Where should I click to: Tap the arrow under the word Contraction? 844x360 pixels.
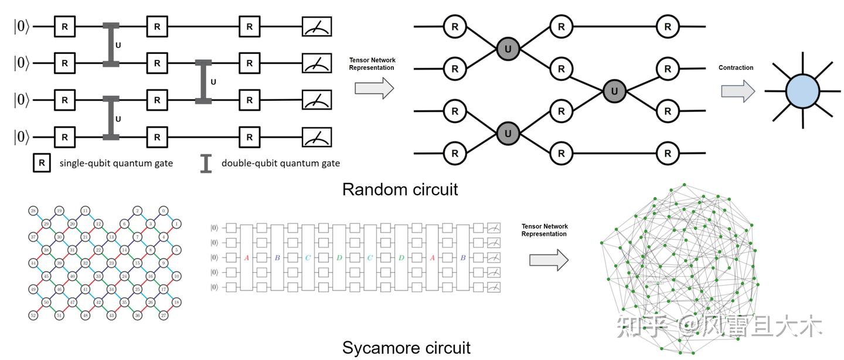(x=737, y=91)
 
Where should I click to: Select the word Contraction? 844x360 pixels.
(x=736, y=68)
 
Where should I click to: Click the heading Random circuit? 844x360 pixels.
(x=400, y=189)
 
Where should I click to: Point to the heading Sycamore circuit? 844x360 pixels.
(x=406, y=347)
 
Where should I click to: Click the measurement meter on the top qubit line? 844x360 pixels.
(x=316, y=26)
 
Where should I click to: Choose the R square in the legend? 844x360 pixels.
(x=40, y=163)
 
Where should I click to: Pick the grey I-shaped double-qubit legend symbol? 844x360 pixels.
(x=206, y=164)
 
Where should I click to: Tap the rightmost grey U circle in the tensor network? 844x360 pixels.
(x=614, y=91)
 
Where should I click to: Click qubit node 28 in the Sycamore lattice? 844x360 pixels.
(x=32, y=210)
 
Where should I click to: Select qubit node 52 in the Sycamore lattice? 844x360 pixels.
(x=32, y=315)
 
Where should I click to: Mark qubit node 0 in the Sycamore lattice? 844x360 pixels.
(x=164, y=210)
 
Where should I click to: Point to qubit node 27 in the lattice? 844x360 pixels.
(x=164, y=315)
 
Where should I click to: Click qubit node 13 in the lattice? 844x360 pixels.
(x=111, y=237)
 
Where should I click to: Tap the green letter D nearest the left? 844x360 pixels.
(x=339, y=257)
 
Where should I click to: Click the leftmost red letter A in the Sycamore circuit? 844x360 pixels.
(x=247, y=257)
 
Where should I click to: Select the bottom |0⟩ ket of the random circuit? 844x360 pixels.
(x=21, y=137)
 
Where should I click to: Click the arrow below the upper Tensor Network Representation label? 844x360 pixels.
(x=374, y=89)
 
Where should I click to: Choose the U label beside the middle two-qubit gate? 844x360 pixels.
(x=213, y=82)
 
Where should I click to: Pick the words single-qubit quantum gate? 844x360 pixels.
(x=116, y=163)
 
